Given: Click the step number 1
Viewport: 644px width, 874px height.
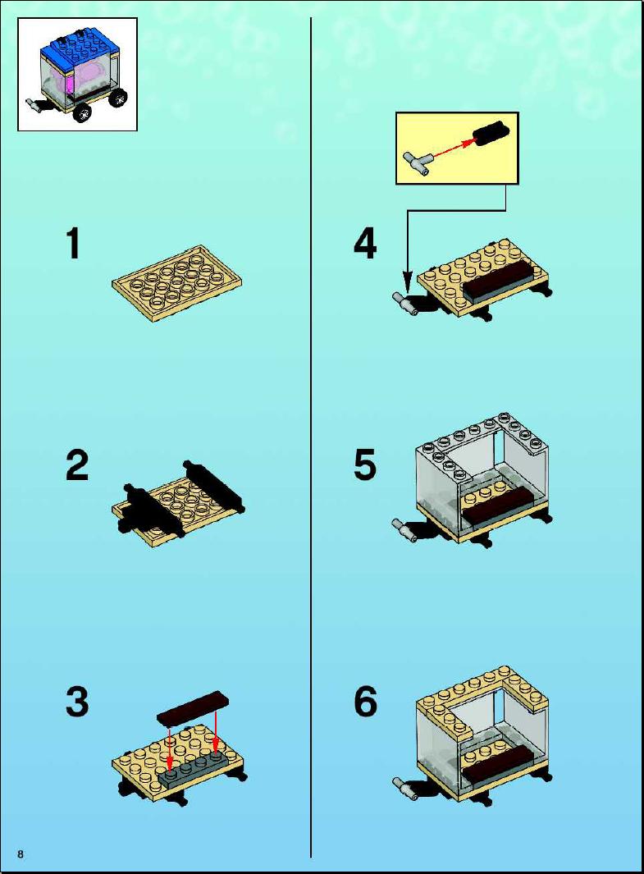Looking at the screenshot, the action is point(73,244).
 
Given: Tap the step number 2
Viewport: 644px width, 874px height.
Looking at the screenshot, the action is point(77,465).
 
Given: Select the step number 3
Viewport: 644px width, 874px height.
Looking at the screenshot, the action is point(77,702).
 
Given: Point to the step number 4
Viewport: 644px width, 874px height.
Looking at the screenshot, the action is point(365,244).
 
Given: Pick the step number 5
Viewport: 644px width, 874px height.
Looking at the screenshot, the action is point(365,465).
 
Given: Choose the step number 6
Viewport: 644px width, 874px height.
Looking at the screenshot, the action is point(365,702).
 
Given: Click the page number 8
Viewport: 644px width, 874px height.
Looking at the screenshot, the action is point(21,854).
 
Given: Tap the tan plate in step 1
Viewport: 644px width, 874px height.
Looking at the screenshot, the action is point(177,284).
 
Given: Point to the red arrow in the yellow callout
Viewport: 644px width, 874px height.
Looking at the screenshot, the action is point(450,149).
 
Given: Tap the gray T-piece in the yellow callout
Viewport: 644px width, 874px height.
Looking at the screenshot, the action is point(416,163).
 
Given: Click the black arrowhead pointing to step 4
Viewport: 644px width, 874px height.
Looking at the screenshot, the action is point(407,281).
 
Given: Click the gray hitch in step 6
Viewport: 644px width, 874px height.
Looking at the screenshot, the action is point(405,787).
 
